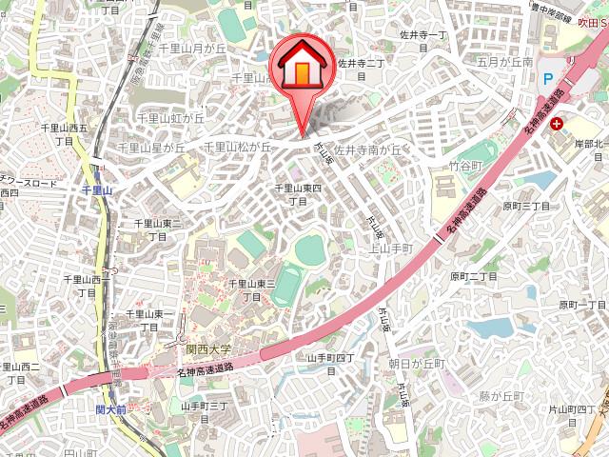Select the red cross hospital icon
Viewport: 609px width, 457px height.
coord(556,124)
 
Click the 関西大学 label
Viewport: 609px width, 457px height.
coord(208,350)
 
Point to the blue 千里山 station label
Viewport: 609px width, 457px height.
coord(96,190)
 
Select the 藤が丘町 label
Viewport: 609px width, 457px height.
coord(501,395)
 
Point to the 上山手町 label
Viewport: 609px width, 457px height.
coord(390,248)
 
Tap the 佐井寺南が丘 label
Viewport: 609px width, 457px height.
coord(369,149)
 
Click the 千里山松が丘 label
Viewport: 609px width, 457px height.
coord(237,147)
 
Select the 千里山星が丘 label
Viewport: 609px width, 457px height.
coord(151,148)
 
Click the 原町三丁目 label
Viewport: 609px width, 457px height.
coord(526,205)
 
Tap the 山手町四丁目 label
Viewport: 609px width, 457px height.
coord(330,364)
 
